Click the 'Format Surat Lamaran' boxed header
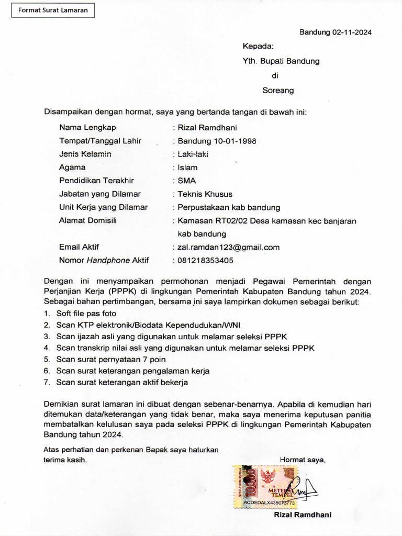click(x=53, y=10)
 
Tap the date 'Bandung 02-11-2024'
click(x=335, y=32)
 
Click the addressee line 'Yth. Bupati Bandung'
click(x=281, y=61)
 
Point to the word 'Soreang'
click(x=278, y=90)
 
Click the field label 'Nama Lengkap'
click(x=87, y=127)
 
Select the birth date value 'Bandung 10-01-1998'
click(x=217, y=141)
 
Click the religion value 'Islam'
click(x=188, y=167)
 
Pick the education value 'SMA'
click(x=186, y=181)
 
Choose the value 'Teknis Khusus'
click(x=205, y=194)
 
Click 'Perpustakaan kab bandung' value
click(x=229, y=207)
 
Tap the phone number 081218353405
click(x=206, y=260)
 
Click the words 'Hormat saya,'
click(x=303, y=460)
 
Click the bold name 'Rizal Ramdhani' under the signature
click(x=303, y=515)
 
